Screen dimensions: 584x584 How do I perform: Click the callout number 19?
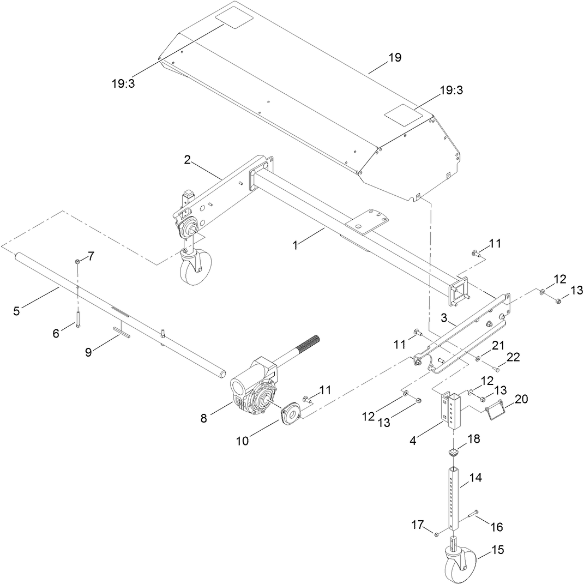point(395,57)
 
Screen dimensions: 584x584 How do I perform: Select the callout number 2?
point(187,160)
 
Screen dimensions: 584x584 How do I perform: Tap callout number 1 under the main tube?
point(295,245)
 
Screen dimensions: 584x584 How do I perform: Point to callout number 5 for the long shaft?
point(16,311)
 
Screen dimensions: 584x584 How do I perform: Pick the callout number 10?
point(242,441)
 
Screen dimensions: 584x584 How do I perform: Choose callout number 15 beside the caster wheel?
point(498,550)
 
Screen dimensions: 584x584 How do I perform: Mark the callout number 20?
point(521,400)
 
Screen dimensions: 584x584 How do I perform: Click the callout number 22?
point(513,357)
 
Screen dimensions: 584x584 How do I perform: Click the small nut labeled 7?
point(78,263)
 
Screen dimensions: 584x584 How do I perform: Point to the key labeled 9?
point(121,334)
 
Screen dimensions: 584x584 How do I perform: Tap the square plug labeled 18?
point(453,452)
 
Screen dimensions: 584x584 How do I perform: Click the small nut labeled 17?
point(437,535)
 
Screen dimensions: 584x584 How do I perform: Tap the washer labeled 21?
point(478,358)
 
